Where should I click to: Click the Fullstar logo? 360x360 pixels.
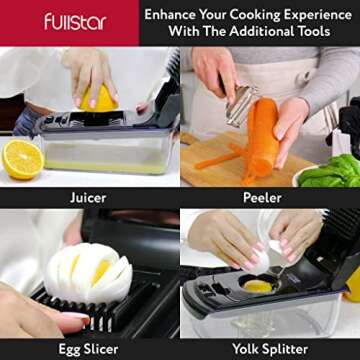[x=75, y=22]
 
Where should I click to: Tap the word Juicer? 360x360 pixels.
[x=88, y=198]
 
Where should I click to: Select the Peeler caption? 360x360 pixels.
[x=262, y=198]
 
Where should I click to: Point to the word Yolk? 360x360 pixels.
[x=246, y=349]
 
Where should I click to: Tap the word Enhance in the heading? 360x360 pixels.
[x=170, y=15]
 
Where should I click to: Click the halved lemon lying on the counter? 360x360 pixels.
[x=23, y=159]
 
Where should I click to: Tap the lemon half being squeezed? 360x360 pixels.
[x=98, y=98]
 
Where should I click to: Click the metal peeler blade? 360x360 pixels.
[x=241, y=105]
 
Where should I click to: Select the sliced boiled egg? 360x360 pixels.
[x=88, y=272]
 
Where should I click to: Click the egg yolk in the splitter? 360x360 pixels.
[x=257, y=286]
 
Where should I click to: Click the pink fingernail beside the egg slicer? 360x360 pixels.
[x=76, y=318]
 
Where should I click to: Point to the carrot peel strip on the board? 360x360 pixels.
[x=216, y=161]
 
